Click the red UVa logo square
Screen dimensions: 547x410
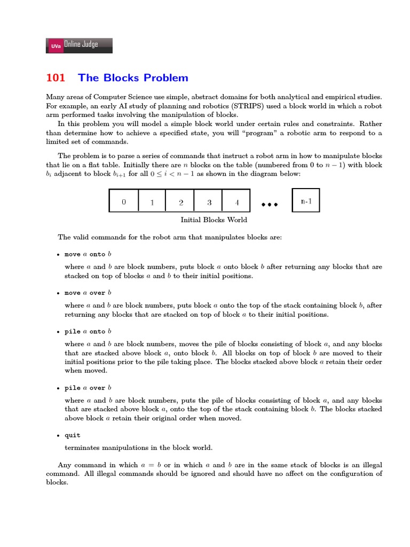click(x=55, y=46)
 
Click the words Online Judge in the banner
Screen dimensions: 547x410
click(x=81, y=45)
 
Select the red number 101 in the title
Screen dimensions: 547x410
click(x=56, y=78)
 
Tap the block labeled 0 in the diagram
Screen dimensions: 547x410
click(x=124, y=202)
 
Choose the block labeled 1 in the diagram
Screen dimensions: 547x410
click(x=152, y=202)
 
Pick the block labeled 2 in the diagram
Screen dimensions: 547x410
click(x=181, y=202)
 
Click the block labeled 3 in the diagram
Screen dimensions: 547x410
click(x=209, y=202)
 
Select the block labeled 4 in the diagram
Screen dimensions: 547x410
click(x=237, y=202)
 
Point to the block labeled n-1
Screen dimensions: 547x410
click(x=306, y=201)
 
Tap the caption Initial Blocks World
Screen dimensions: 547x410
click(x=214, y=220)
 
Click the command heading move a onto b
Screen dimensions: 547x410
click(x=88, y=254)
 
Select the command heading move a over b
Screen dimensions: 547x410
click(x=88, y=293)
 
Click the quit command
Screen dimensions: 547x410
click(x=72, y=435)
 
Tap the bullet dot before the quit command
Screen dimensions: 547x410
click(x=58, y=436)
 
